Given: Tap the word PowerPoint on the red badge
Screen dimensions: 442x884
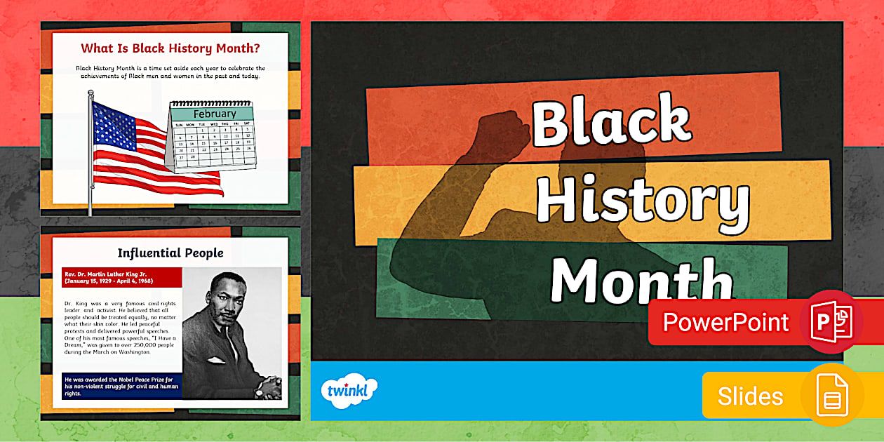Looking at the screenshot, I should click(725, 322).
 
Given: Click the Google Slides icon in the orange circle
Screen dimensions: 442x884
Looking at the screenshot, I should click(832, 396).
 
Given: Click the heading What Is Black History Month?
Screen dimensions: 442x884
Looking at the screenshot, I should click(170, 48).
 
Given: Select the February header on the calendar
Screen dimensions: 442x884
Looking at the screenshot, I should click(214, 114).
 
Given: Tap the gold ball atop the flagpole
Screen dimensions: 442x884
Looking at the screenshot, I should click(91, 93).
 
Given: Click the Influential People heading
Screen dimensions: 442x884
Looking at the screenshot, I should click(170, 253).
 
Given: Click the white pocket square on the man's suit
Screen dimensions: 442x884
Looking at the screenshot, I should click(215, 360).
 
